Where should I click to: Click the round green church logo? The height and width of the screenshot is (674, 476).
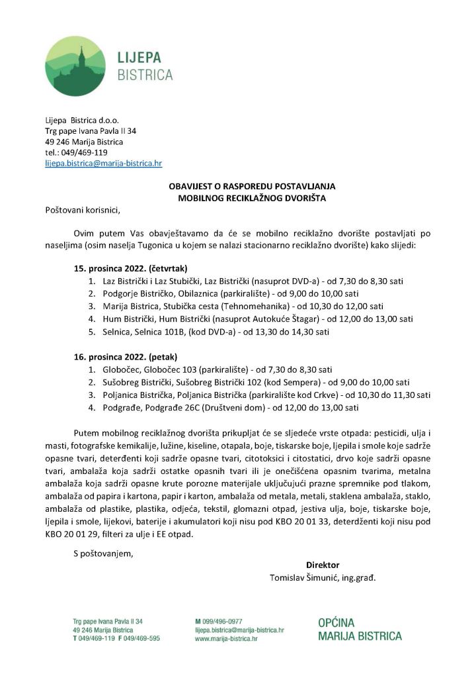75,66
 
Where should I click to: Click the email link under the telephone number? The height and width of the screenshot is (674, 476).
103,162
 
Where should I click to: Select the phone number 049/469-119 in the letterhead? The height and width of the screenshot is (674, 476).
85,152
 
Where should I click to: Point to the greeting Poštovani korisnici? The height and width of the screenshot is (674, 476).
83,211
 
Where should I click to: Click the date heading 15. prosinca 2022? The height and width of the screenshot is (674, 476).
110,269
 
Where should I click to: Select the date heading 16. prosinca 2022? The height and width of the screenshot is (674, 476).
110,356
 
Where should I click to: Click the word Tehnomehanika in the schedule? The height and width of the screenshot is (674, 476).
260,306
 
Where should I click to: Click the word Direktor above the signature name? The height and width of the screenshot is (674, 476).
323,565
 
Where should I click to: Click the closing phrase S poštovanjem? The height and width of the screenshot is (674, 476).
103,553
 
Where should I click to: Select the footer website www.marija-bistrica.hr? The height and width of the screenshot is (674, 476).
226,639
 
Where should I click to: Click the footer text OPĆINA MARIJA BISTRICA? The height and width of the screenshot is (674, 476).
359,630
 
